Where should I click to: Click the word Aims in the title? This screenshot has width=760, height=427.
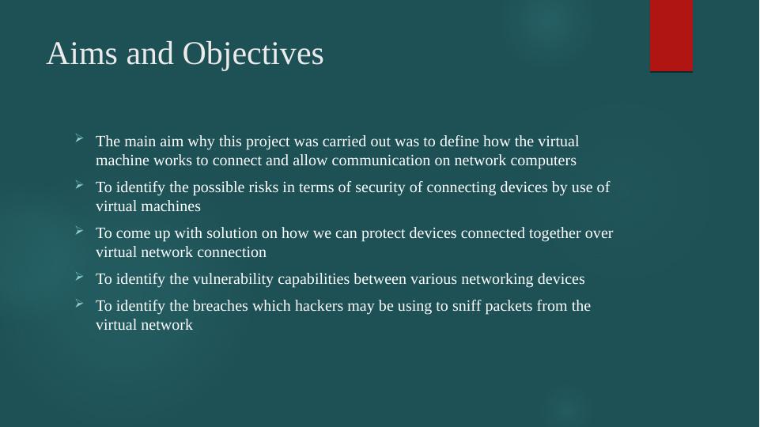(82, 53)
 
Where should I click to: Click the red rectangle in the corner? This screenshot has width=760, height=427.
(671, 36)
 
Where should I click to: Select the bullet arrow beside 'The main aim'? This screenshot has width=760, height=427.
(80, 139)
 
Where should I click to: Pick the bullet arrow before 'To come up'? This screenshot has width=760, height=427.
(80, 231)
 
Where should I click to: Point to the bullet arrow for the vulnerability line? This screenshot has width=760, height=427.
(80, 277)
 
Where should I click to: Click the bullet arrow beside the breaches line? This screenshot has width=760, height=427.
(80, 304)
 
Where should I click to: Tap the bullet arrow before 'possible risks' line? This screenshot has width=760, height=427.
(80, 185)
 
